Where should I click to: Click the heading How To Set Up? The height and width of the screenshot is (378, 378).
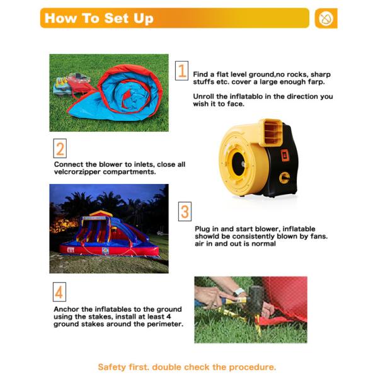[x=99, y=18]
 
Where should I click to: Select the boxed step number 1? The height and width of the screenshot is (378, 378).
[x=182, y=71]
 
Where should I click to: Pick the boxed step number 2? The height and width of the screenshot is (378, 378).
[x=60, y=149]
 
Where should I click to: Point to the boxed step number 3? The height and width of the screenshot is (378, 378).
[x=185, y=212]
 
